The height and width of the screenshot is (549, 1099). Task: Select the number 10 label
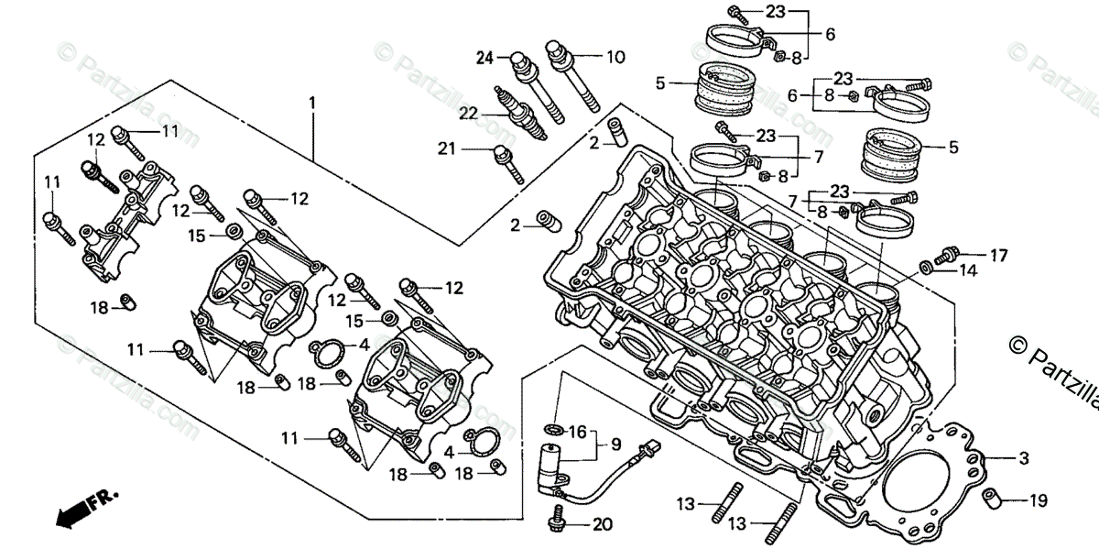point(615,57)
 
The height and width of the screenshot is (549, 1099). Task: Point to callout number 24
point(484,58)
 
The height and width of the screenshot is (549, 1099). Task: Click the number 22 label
point(469,113)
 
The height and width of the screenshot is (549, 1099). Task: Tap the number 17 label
point(998,255)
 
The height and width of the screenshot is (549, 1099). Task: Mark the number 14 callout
point(968,270)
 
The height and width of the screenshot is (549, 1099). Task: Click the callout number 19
point(1037,500)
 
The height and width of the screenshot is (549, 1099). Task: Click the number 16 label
point(577,432)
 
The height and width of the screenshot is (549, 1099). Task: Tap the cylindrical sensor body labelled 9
point(552,456)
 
